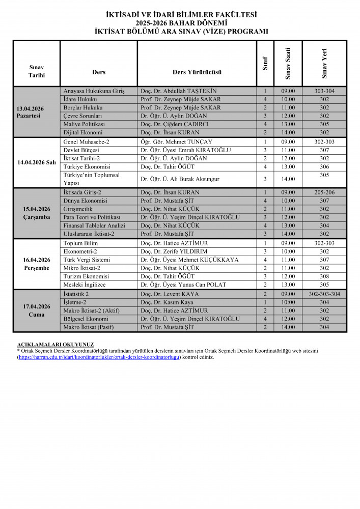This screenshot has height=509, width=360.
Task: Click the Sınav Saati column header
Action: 288,63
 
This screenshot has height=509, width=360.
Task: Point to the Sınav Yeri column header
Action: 324,63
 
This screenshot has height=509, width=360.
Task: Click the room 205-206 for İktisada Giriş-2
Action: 324,192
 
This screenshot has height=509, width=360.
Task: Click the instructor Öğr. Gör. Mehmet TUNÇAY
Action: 177,142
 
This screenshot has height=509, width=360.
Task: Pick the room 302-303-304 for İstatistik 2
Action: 324,294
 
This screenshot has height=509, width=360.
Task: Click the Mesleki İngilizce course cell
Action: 85,285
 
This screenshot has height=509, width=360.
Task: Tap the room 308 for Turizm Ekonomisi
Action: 324,276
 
